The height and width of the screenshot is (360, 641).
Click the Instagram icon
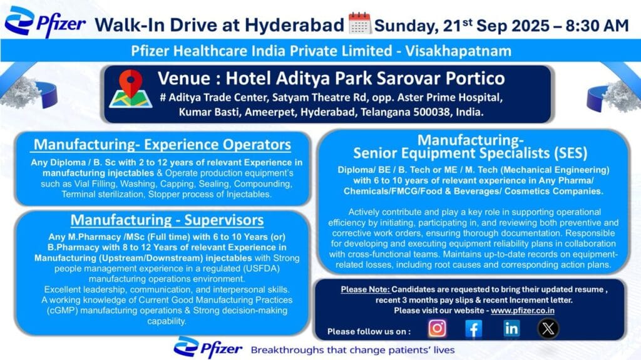[438, 328]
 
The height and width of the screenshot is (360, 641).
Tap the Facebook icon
[474, 328]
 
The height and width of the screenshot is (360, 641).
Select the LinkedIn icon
[511, 328]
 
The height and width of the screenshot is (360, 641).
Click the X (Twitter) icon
[548, 328]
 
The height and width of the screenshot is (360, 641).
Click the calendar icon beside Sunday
[360, 24]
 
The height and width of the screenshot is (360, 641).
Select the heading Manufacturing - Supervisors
[167, 220]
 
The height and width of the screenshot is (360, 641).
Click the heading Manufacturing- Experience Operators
[162, 145]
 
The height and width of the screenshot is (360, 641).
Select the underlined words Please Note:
[366, 290]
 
